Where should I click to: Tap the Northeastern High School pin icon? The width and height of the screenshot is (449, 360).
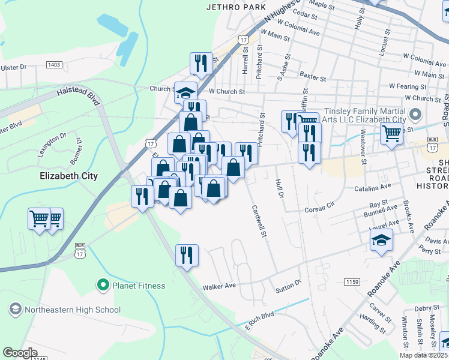(x=15, y=310)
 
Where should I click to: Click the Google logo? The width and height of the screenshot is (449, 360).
(x=20, y=352)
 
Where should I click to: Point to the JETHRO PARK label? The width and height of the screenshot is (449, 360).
(x=231, y=8)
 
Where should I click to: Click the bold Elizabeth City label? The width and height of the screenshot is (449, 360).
(x=68, y=176)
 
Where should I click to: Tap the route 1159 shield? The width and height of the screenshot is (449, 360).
(x=352, y=281)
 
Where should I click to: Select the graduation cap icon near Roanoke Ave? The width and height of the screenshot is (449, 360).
(x=381, y=241)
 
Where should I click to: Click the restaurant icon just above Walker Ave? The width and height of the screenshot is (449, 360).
(x=187, y=255)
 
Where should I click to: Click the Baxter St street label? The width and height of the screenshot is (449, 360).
(x=312, y=78)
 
